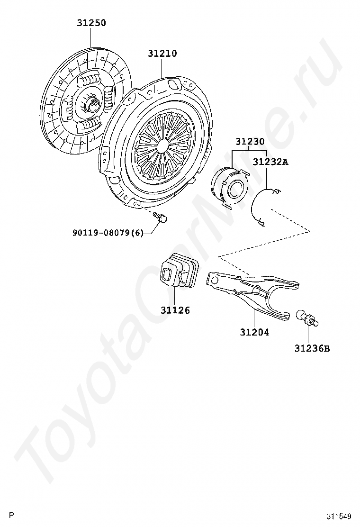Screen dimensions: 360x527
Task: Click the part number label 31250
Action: (91, 23)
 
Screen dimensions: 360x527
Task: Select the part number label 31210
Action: (162, 54)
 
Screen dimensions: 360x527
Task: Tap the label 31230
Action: (250, 142)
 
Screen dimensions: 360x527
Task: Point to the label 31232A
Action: (270, 162)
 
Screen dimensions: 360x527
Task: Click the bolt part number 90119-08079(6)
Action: (108, 233)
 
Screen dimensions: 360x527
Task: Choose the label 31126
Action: (175, 310)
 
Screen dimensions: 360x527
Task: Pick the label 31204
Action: (254, 332)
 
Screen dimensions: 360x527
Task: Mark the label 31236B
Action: (312, 349)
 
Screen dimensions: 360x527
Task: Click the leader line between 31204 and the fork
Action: (254, 318)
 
